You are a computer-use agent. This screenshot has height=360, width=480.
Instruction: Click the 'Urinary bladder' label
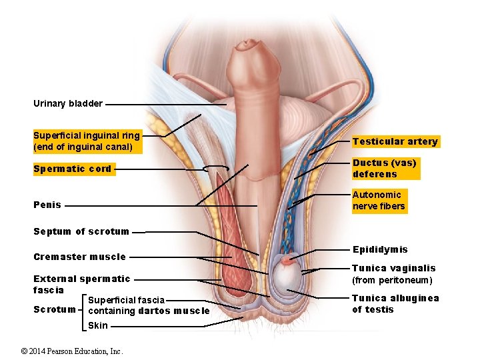point(68,103)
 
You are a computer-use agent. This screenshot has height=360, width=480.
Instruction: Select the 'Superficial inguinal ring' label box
point(87,141)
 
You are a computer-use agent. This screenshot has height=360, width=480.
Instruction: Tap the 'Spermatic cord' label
point(73,169)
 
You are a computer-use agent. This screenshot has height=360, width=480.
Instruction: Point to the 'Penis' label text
point(47,205)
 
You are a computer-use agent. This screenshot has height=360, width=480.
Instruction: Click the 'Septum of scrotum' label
point(81,231)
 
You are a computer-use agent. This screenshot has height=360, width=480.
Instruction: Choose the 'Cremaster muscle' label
point(79,257)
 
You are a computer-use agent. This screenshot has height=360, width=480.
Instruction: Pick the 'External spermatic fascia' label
point(81,284)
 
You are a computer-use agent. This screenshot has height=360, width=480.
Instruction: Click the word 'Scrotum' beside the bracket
point(55,309)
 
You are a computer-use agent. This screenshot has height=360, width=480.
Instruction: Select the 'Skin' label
point(98,325)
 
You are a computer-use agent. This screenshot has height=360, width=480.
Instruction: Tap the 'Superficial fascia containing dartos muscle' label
point(148,305)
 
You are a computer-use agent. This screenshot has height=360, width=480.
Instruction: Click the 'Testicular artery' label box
point(395,141)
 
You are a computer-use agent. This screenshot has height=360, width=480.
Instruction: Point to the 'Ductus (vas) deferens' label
point(385,169)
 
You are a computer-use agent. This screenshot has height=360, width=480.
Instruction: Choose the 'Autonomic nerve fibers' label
point(379,200)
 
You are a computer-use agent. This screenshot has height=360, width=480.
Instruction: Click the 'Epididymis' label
point(380,249)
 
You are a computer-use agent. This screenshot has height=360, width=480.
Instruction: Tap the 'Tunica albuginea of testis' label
point(395,303)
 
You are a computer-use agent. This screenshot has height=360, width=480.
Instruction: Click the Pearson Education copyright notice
point(72,351)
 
